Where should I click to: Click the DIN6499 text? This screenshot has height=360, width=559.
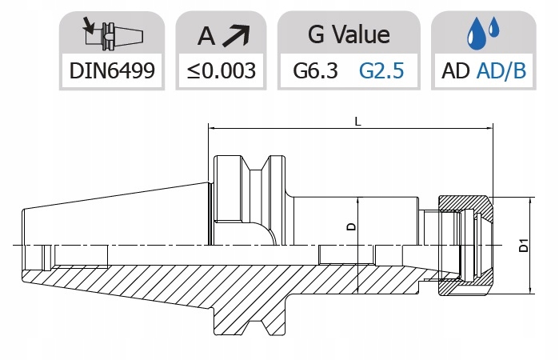coord(112,70)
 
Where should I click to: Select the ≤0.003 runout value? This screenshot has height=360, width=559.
coord(221,70)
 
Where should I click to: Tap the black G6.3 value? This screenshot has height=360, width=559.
coord(315,70)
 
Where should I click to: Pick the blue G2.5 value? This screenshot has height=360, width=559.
coord(381,70)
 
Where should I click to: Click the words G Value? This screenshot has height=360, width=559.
coord(349,34)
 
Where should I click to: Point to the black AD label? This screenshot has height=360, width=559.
coord(456,70)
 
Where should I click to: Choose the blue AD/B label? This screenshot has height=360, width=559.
coord(501,70)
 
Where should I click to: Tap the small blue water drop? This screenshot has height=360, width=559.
coord(493,27)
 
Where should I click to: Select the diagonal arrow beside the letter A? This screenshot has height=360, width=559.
coord(236,35)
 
